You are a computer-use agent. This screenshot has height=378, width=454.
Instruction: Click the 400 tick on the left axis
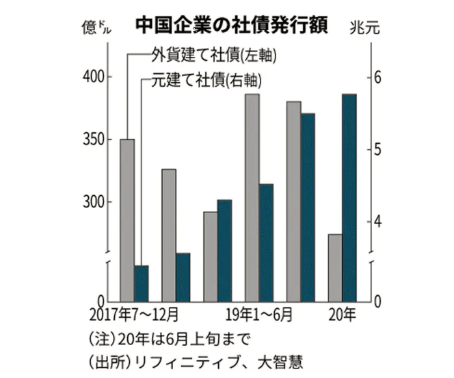point(94,77)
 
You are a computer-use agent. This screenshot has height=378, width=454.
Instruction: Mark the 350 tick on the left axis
point(94,140)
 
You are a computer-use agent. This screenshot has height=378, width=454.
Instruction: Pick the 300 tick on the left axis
point(94,203)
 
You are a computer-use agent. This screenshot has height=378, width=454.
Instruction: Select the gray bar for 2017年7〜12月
point(126,219)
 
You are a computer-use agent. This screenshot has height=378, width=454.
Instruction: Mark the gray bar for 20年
point(335,267)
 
